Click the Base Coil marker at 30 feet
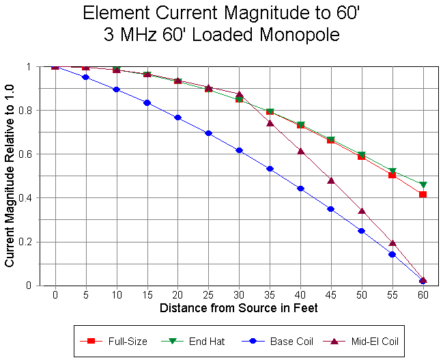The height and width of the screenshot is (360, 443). coord(239,150)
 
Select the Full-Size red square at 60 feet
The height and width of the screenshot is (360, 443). coord(423,195)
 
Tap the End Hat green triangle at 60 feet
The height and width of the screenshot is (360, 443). coord(423,185)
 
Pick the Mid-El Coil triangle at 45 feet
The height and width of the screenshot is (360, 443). coord(331,180)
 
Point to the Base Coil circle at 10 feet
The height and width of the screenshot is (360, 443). coord(116,89)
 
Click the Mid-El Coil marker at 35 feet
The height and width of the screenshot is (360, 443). coord(270,123)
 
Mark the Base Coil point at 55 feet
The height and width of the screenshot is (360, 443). coord(392,254)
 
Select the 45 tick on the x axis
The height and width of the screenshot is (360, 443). coord(331,295)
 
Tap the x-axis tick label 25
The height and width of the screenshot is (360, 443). coord(208,295)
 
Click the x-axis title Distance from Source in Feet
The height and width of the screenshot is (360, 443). coord(239,308)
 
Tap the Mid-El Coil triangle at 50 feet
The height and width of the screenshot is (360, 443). coord(362,211)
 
